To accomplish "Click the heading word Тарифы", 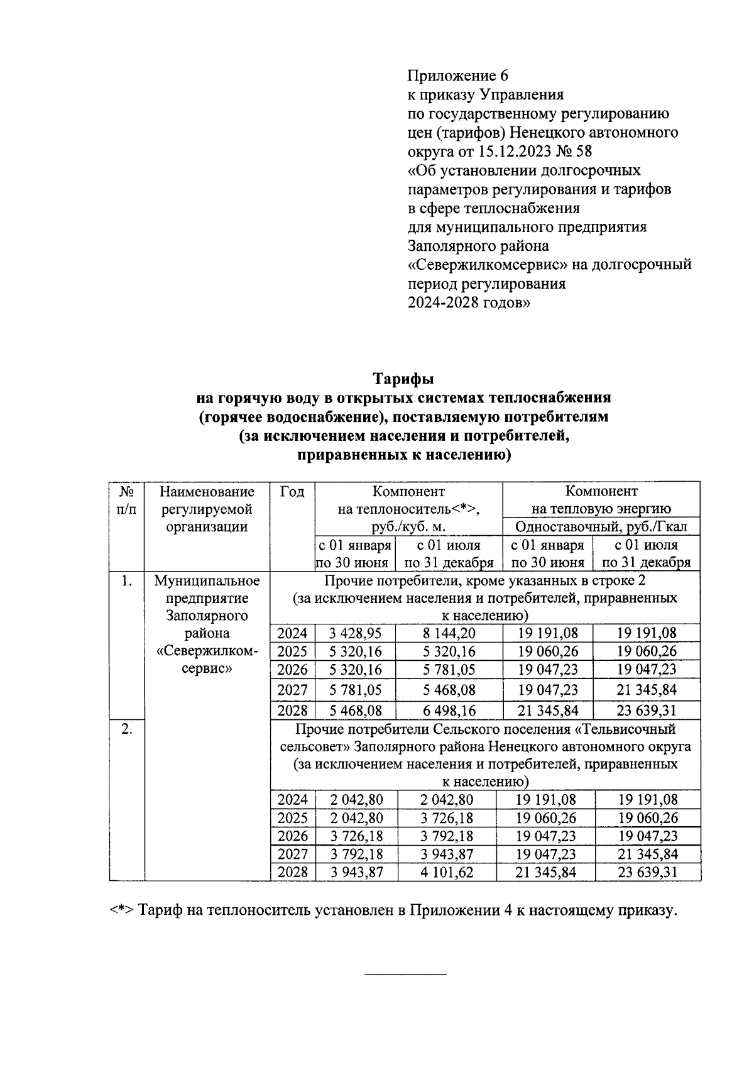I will (x=404, y=380).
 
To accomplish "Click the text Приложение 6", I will (x=457, y=76).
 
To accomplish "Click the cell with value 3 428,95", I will (x=356, y=633).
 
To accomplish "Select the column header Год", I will (x=292, y=492).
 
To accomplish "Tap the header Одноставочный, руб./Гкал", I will (x=601, y=526).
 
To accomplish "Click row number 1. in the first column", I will (x=126, y=581).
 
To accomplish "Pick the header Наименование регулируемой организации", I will (x=207, y=509).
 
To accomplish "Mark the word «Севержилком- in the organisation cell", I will (x=207, y=651).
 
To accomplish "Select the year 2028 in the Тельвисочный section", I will (x=293, y=872).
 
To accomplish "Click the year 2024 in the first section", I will (x=293, y=633).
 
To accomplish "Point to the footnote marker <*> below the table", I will (x=120, y=910).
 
